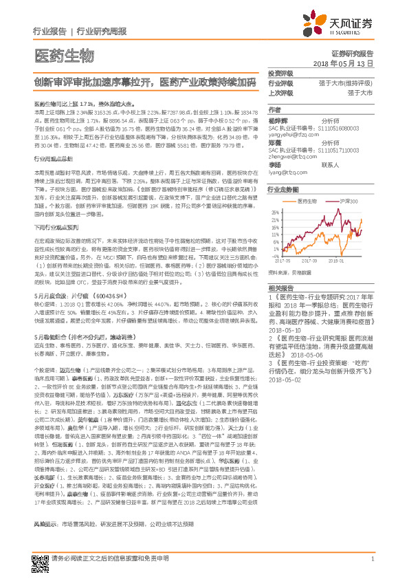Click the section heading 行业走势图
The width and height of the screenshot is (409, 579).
pyautogui.click(x=283, y=189)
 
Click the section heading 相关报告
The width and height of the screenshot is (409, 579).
pyautogui.click(x=280, y=287)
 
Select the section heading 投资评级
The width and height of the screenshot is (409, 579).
pyautogui.click(x=280, y=72)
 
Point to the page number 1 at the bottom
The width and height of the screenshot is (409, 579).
pyautogui.click(x=372, y=559)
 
